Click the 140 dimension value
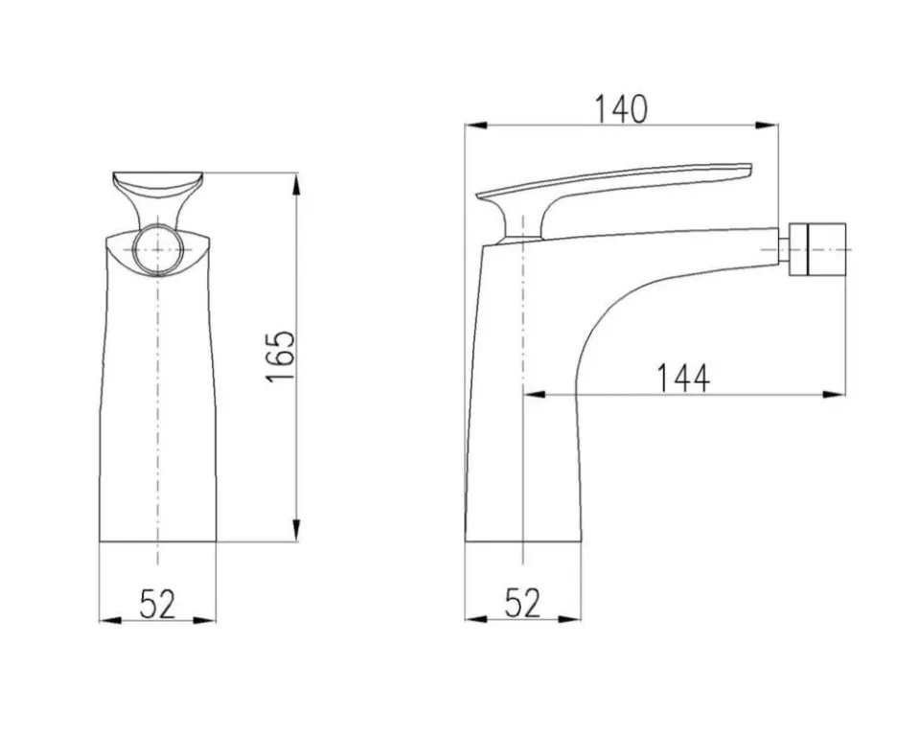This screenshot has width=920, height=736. coord(621,110)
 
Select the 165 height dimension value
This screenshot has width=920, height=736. coord(281,356)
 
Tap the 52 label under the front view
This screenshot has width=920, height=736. coord(158,604)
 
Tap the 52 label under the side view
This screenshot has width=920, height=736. coord(522,603)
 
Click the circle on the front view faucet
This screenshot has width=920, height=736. coord(158,249)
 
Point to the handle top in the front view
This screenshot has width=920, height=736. coord(158,179)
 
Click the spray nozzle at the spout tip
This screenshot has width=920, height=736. coord(817,249)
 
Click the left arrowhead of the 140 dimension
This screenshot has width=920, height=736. coord(476,125)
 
